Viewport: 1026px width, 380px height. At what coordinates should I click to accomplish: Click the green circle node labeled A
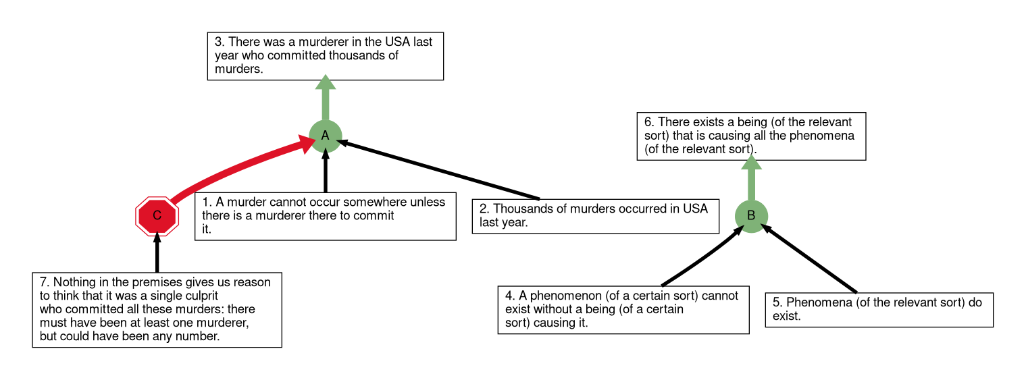tap(325, 136)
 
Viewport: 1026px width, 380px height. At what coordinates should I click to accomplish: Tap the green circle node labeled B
tap(751, 215)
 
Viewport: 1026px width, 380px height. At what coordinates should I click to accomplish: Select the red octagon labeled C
tap(157, 215)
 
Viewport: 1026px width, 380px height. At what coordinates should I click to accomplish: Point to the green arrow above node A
tap(325, 97)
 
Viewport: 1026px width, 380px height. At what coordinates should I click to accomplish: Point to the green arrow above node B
tap(751, 178)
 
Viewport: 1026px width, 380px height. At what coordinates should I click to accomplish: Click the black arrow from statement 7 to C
tap(157, 252)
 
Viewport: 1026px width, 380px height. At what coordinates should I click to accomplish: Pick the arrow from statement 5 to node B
tap(809, 259)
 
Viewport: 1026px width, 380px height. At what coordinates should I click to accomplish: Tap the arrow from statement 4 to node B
tap(703, 256)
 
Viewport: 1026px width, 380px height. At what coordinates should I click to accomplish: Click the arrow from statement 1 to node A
tap(325, 171)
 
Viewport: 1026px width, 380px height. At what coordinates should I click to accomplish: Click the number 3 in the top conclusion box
tap(219, 42)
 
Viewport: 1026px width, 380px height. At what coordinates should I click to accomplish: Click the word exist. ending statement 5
tap(786, 316)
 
